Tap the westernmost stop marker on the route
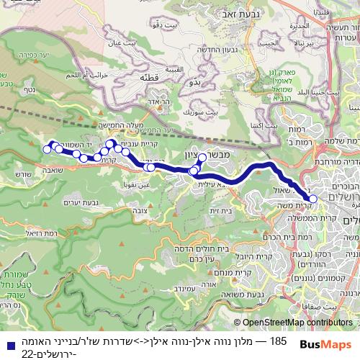[48, 150]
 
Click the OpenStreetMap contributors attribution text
[298, 323]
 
